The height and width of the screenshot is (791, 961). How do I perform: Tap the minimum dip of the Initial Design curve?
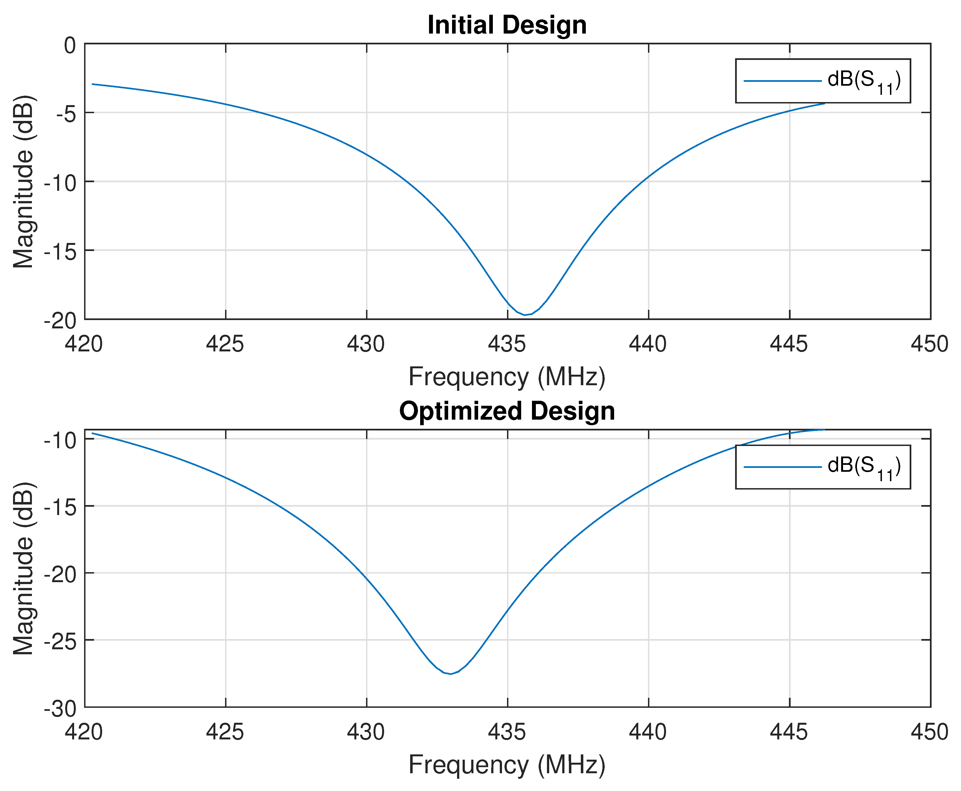(525, 315)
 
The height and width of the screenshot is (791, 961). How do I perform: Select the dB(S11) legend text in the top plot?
(864, 81)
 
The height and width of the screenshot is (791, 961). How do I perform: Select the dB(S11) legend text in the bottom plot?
(864, 467)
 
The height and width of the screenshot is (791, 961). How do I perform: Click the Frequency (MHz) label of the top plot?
(507, 377)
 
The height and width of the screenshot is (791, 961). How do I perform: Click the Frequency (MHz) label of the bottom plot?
(507, 764)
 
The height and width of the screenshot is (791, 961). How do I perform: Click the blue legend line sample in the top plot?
(782, 81)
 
